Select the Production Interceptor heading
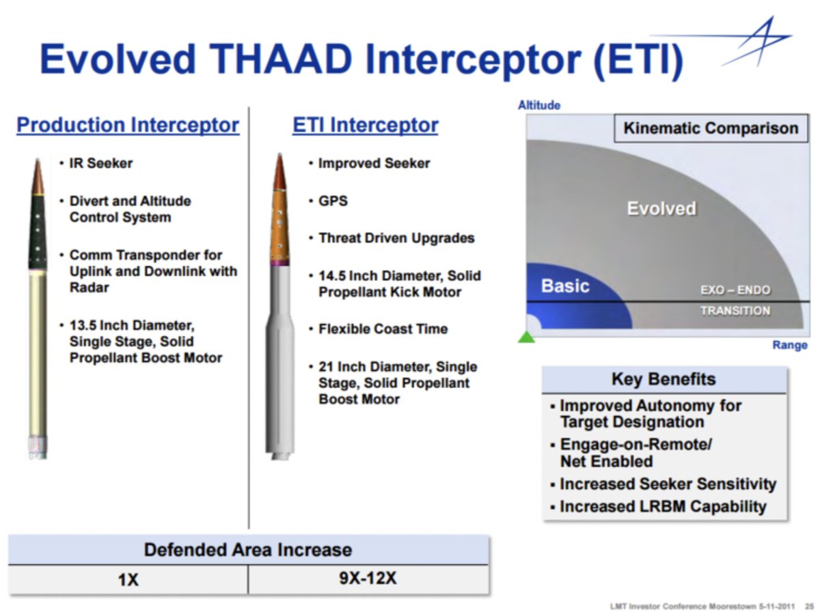128,125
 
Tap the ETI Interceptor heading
365,125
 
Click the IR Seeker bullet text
101,163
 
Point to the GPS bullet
333,201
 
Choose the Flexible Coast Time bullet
383,329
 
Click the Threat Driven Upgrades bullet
396,238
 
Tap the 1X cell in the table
128,580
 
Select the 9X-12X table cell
368,579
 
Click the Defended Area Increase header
248,550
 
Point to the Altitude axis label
539,105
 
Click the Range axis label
790,345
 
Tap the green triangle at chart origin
526,337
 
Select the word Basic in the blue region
565,286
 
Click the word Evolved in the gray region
662,208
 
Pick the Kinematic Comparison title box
711,128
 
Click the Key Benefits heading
664,379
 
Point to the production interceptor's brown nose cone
38,176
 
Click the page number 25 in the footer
809,607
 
